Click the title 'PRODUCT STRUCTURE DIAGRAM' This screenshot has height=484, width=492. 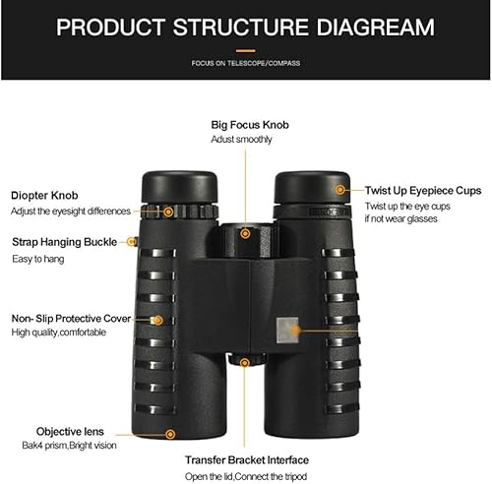[245, 26]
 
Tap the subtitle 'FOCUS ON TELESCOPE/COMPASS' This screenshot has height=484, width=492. [245, 63]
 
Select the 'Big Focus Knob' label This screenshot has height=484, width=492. [250, 125]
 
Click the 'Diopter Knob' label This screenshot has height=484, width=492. [45, 195]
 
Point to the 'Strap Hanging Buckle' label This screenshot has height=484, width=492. [64, 241]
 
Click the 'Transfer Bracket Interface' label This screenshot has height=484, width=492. [247, 459]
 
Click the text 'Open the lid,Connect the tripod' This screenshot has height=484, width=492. [246, 476]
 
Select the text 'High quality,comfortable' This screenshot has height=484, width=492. [65, 333]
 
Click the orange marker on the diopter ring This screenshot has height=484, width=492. [168, 211]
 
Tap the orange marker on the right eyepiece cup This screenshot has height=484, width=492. [340, 188]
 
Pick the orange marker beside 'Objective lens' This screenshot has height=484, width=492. [170, 433]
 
